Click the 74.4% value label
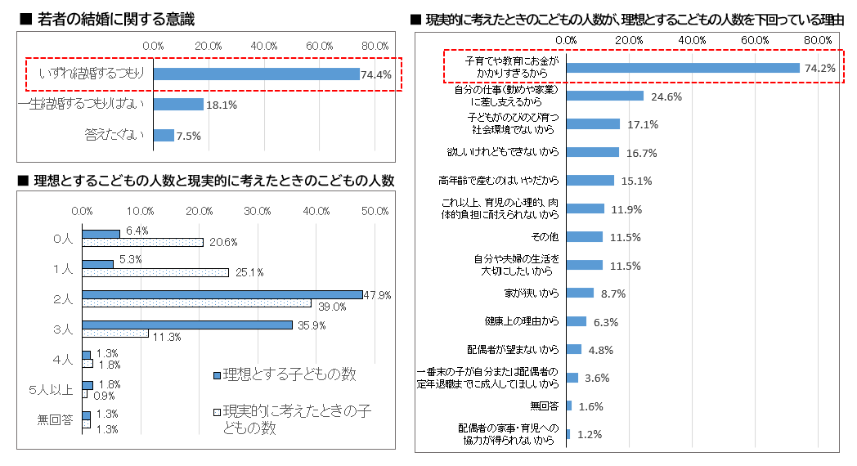376,74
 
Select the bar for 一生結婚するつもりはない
178,105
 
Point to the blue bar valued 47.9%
222,294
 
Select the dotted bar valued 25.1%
155,272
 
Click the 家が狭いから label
532,293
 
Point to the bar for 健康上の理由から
576,321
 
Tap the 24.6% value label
666,96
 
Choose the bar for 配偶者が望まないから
573,349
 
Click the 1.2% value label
590,434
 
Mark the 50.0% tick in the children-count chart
375,212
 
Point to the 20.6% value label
223,242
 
